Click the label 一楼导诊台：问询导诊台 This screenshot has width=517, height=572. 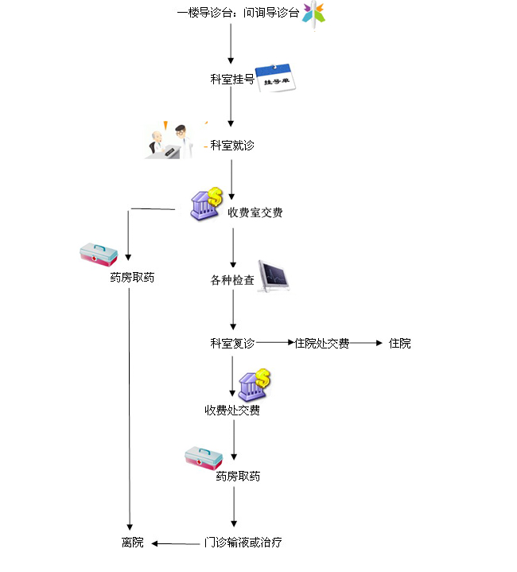[238, 14]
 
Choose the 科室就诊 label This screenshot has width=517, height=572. [232, 146]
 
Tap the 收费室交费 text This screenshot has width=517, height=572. [255, 212]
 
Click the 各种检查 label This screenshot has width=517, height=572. [232, 280]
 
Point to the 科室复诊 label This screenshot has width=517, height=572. [232, 344]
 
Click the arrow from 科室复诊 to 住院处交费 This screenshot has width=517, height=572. [274, 343]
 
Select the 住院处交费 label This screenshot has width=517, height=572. [321, 344]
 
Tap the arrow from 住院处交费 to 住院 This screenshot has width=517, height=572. [367, 343]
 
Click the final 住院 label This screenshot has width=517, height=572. [400, 344]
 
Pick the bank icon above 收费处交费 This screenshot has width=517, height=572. [253, 384]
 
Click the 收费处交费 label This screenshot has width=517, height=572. [232, 411]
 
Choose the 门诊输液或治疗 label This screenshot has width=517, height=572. [243, 543]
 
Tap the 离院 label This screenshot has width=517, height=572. [133, 543]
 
